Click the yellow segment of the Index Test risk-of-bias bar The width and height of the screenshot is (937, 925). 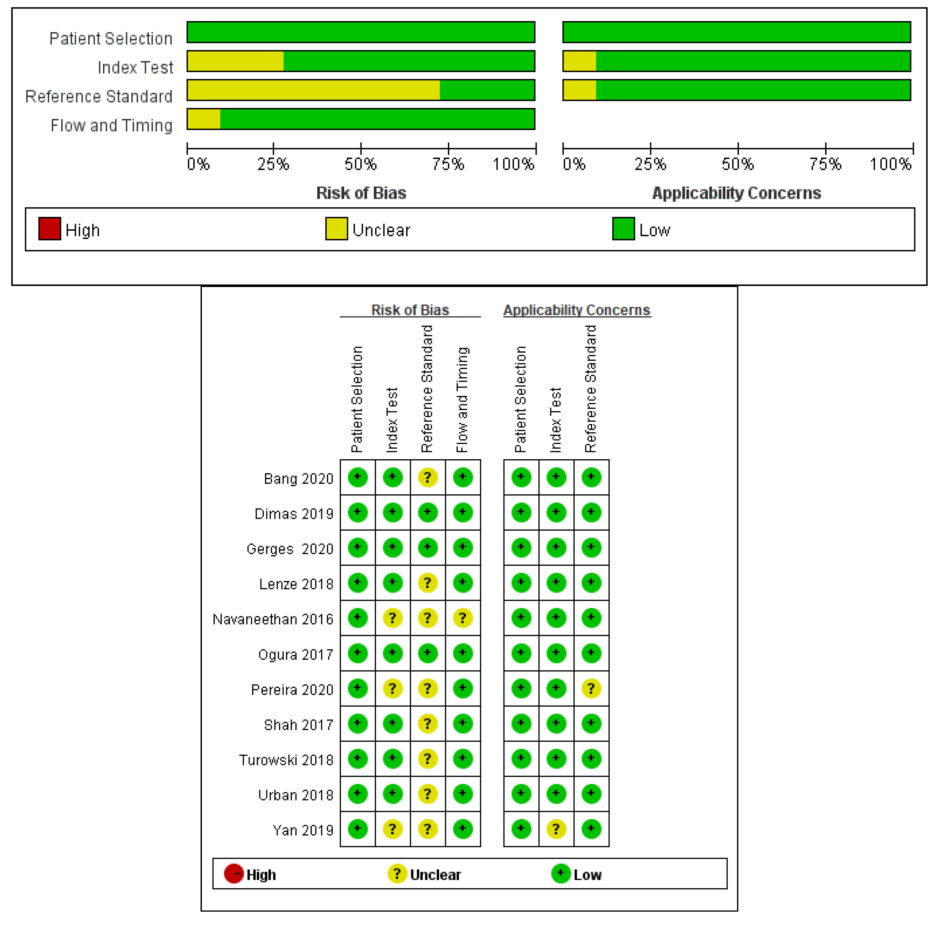tap(235, 61)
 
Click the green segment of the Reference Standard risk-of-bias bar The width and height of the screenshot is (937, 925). tap(487, 90)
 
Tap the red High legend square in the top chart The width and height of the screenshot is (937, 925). tap(49, 229)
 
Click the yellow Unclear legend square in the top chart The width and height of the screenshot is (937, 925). tap(336, 229)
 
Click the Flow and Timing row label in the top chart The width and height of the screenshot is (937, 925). tap(112, 126)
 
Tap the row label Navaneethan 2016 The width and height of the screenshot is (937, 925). tap(273, 619)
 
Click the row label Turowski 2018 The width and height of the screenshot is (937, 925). tap(286, 760)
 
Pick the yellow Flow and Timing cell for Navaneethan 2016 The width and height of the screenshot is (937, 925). tap(463, 618)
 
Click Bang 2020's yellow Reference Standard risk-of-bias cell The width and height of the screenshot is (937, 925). tap(427, 478)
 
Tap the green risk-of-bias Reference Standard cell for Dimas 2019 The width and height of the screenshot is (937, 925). tap(427, 512)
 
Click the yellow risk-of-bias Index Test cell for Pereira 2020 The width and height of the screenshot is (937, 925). tap(392, 688)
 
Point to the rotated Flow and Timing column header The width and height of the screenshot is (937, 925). tap(462, 400)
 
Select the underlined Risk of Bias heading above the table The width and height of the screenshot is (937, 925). tap(410, 310)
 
